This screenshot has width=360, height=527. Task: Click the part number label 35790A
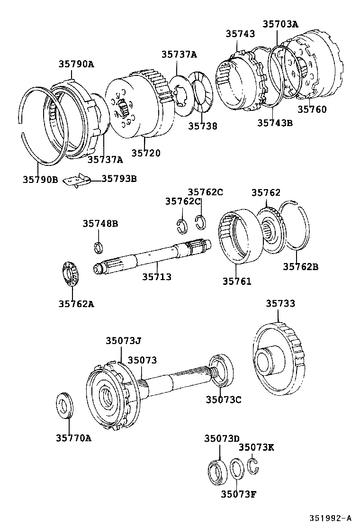(x=76, y=64)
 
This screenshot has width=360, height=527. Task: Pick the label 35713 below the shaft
(x=157, y=277)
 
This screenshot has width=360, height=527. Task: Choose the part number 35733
(x=280, y=303)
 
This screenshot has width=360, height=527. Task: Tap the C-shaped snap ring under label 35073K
(x=253, y=466)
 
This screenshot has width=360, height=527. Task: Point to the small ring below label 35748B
(x=98, y=247)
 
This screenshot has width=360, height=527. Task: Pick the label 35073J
(x=124, y=341)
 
